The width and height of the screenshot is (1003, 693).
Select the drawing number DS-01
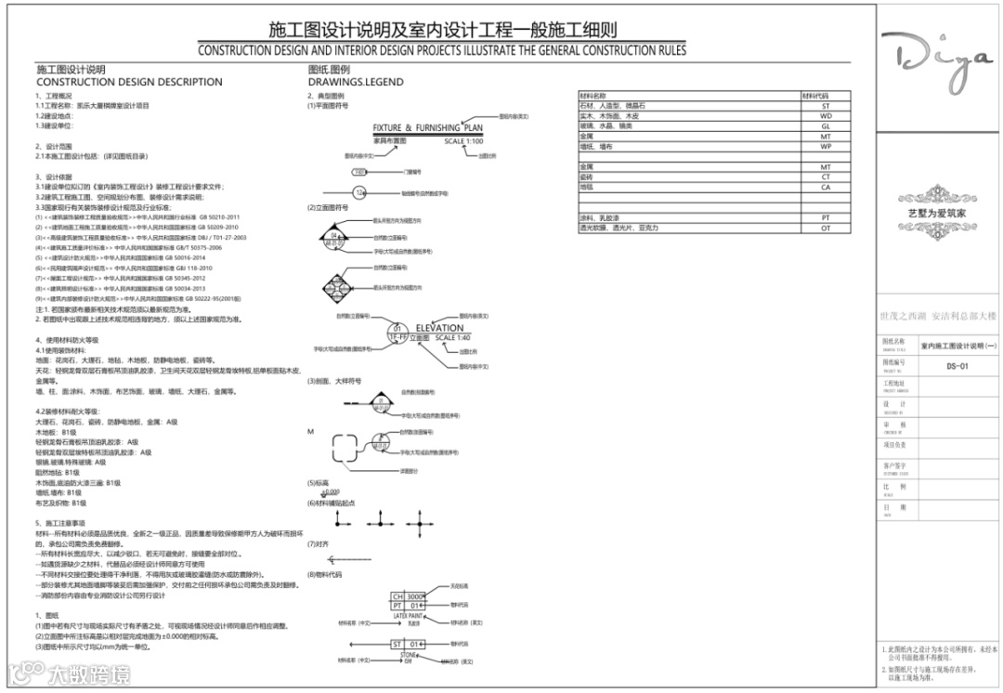coord(957,366)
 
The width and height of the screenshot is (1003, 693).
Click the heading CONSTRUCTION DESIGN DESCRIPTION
coord(129,82)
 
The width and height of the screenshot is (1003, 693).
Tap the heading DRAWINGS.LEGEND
coord(356,82)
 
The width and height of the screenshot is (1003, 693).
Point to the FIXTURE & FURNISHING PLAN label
coord(427,128)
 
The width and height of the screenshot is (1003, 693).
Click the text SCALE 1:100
coord(463,141)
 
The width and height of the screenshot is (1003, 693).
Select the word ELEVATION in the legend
coord(439,328)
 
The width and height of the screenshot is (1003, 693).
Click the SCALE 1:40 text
coord(451,338)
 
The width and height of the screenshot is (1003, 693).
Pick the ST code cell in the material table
coord(825,107)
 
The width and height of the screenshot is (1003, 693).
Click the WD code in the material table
coord(825,117)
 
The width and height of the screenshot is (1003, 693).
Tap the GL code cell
coord(825,126)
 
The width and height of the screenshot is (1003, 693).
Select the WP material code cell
coord(825,147)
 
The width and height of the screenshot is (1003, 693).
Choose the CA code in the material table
coord(825,187)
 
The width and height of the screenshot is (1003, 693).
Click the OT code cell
coord(825,228)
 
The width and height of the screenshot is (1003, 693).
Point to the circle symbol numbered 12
coord(360,192)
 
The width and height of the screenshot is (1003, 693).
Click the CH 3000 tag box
coord(409,596)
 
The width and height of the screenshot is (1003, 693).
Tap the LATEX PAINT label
coord(408,616)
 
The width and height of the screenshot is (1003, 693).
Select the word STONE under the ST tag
coord(408,655)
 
